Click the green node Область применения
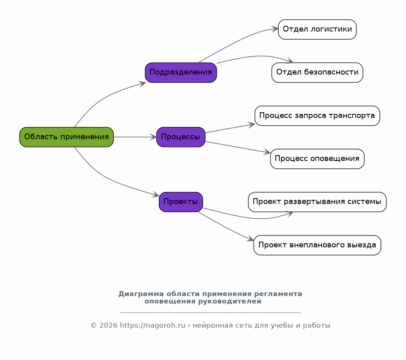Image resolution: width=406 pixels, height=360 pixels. [67, 137]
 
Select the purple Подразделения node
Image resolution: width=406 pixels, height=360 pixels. [181, 72]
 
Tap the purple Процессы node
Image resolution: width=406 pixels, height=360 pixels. [181, 137]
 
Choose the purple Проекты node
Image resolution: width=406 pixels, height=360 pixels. [181, 202]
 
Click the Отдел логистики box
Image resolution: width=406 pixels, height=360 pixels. [317, 29]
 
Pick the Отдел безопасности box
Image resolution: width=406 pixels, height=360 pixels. [317, 72]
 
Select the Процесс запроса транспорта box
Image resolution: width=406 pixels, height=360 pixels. [317, 115]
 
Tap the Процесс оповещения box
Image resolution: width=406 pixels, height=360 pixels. [317, 159]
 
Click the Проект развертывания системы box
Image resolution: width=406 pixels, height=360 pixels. [317, 202]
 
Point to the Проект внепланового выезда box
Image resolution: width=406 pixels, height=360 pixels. [317, 245]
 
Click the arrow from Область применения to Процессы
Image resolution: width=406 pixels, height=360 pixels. [135, 137]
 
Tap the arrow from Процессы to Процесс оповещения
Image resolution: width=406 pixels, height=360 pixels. [238, 147]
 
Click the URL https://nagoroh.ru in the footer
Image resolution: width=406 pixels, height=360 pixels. [153, 326]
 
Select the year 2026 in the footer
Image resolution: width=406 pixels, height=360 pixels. [108, 326]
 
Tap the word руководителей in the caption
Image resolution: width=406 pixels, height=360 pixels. [230, 301]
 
